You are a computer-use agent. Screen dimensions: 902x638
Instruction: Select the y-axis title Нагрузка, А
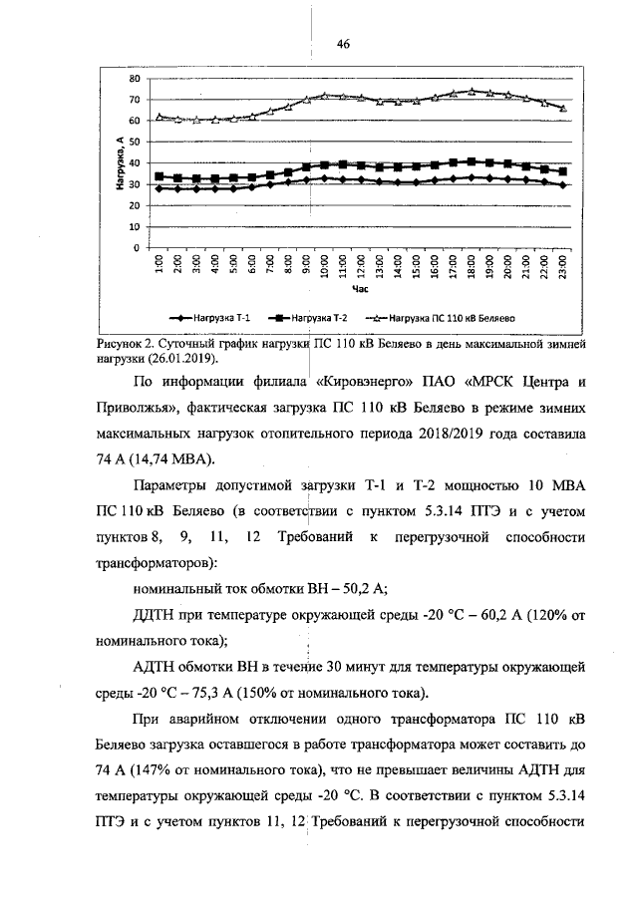point(119,163)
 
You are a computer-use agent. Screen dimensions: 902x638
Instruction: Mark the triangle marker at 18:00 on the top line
point(472,91)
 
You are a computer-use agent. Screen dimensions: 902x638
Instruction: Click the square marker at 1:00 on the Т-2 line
point(159,176)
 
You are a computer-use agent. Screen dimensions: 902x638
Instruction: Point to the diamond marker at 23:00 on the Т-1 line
point(563,184)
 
